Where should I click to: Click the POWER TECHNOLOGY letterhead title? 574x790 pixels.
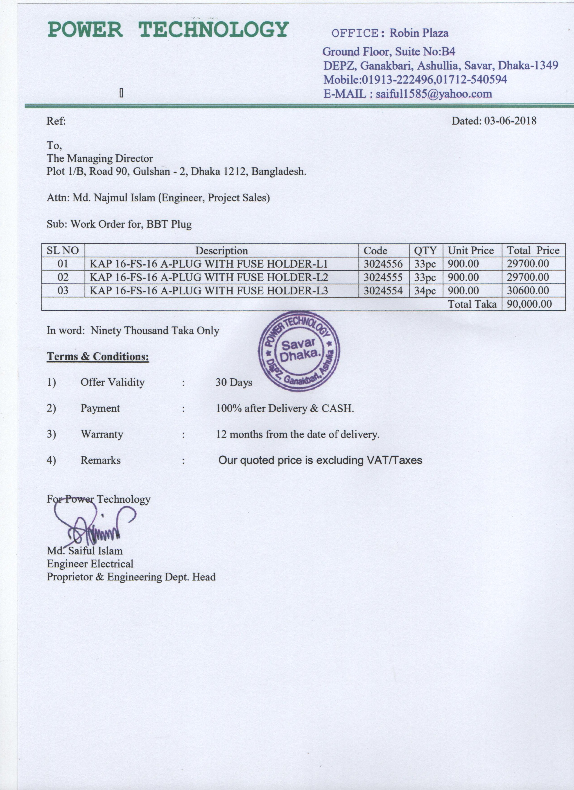pyautogui.click(x=168, y=29)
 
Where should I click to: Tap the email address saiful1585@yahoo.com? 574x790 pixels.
pyautogui.click(x=434, y=94)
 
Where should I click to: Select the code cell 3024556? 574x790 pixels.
pyautogui.click(x=383, y=264)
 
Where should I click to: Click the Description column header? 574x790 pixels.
pyautogui.click(x=221, y=251)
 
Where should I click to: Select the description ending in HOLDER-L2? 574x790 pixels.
pyautogui.click(x=208, y=277)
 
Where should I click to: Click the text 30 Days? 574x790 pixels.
pyautogui.click(x=233, y=382)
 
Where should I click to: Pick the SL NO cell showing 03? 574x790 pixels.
pyautogui.click(x=63, y=291)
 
